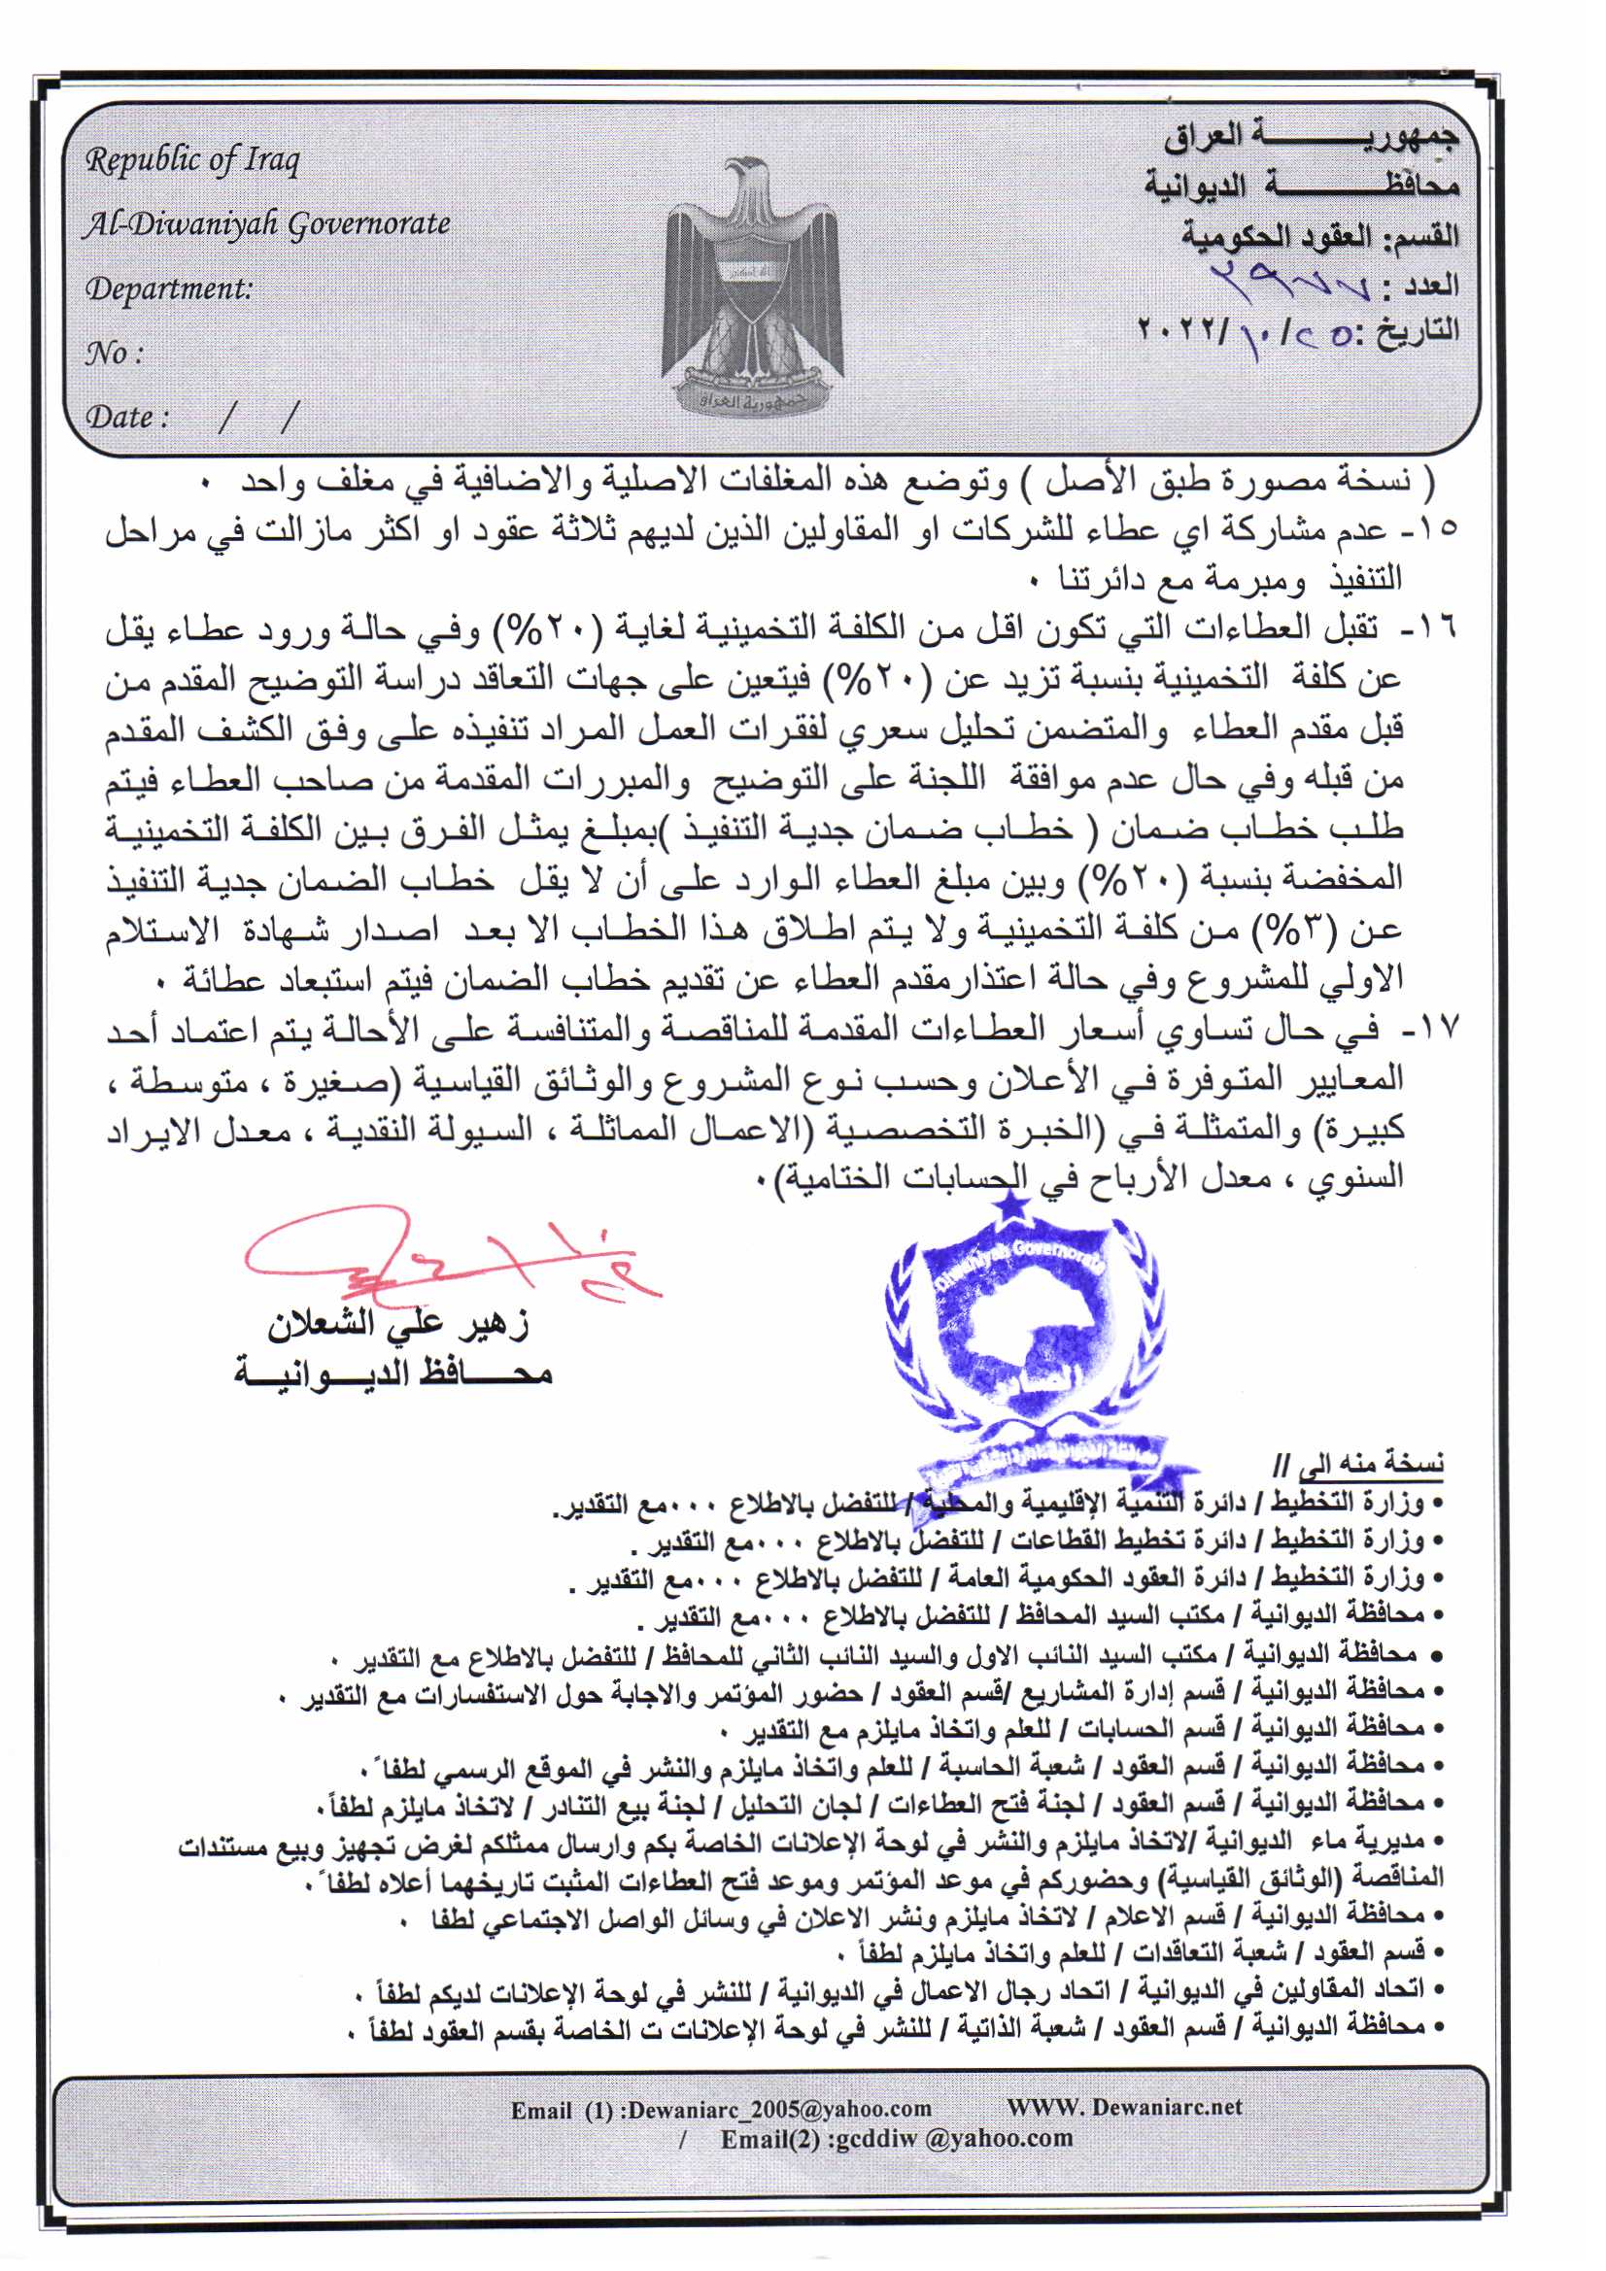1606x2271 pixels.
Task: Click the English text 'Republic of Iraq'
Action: (x=192, y=160)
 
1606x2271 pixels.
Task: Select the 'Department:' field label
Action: (x=168, y=289)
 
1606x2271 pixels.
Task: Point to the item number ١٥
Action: (x=1439, y=529)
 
